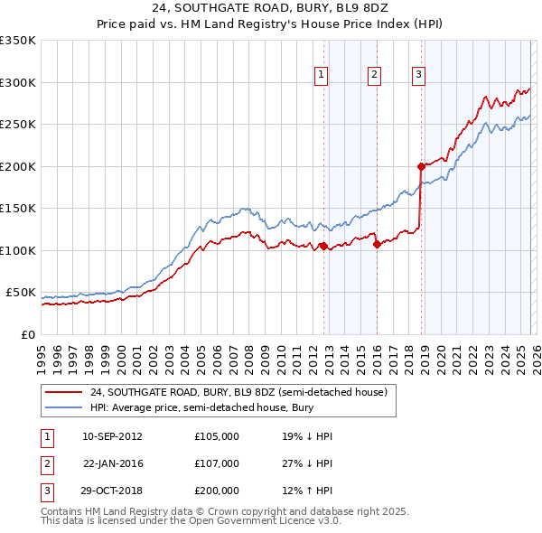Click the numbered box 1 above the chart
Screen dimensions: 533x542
[322, 76]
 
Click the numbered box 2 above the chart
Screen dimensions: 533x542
[374, 76]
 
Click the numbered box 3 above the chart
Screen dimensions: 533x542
[419, 76]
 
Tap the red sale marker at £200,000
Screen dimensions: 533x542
[421, 166]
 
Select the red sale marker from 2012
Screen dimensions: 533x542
[323, 246]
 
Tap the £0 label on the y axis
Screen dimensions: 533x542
[27, 335]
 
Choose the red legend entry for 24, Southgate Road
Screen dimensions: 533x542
[238, 392]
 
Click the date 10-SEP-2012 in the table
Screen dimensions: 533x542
[112, 436]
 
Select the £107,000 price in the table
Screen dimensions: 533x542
[217, 463]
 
